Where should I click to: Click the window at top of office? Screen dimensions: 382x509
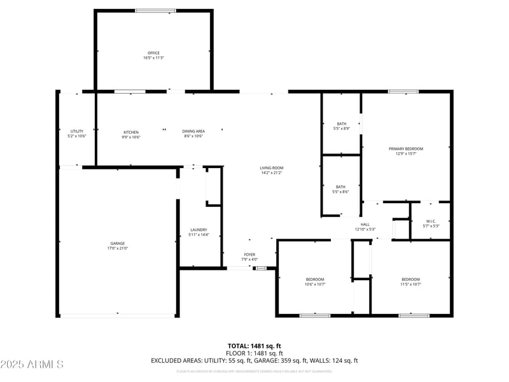click(155, 11)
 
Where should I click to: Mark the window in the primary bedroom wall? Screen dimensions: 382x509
click(403, 92)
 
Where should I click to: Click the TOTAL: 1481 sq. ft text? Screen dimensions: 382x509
click(254, 346)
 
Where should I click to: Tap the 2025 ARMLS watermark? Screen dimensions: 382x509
click(32, 364)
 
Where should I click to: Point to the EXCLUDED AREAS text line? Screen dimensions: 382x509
click(254, 360)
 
